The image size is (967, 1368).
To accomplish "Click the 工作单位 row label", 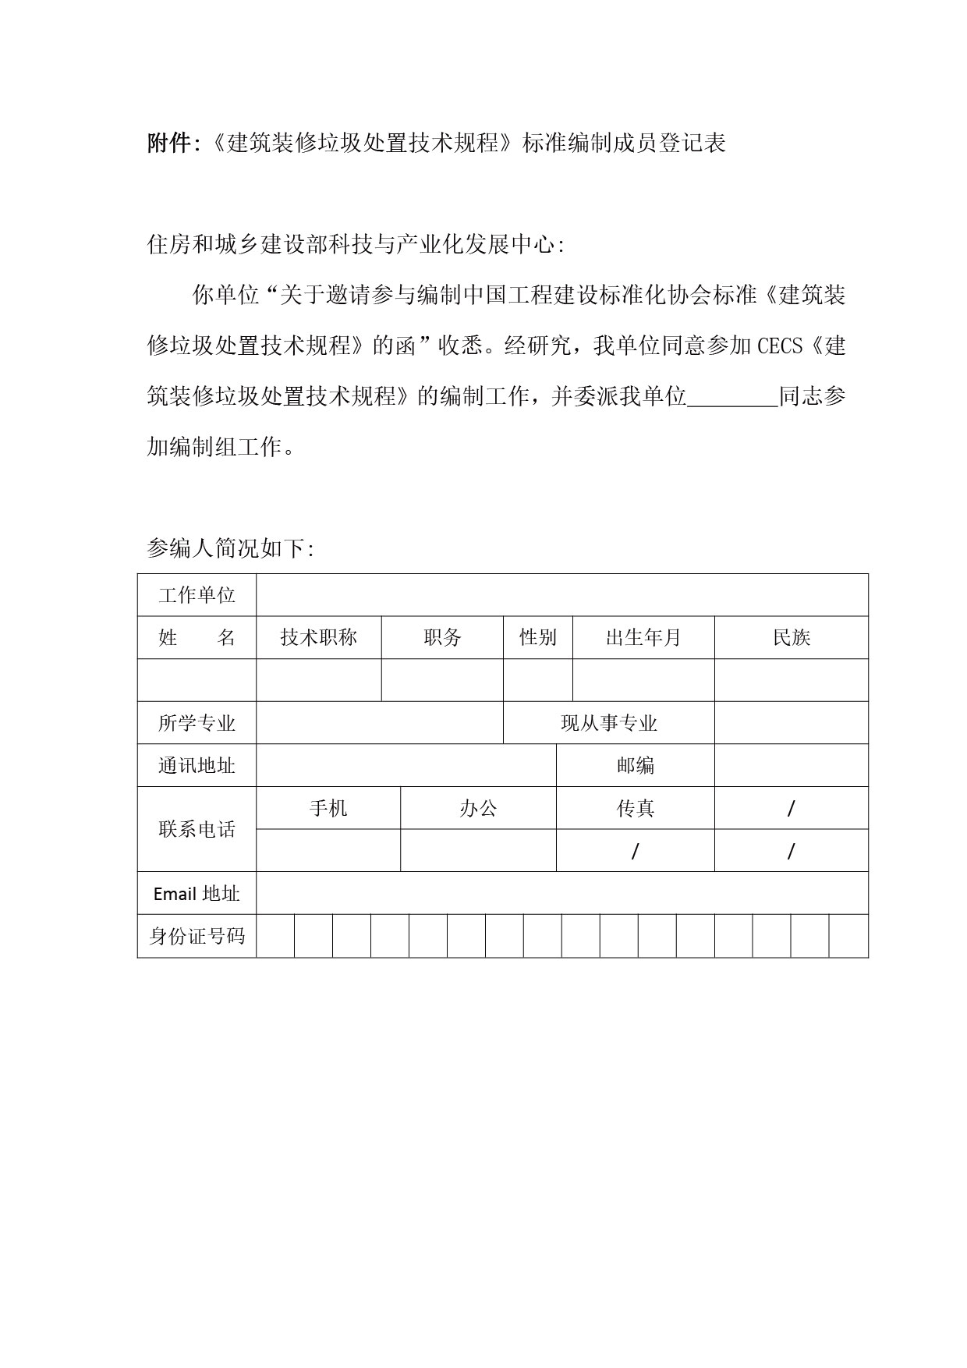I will coord(197,595).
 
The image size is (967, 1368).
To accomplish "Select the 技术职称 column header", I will coord(318,638).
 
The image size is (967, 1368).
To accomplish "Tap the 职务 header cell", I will coord(442,638).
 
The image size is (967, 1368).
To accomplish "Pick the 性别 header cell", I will coord(538,638).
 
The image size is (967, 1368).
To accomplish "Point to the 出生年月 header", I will coord(643,638).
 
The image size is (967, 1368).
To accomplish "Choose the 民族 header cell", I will coord(792,638).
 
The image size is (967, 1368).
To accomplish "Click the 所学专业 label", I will coord(197,723).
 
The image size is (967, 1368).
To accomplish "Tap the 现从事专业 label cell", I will coord(609,723).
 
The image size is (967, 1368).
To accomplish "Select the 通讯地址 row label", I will coord(197,765).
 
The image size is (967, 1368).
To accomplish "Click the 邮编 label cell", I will coord(636,765).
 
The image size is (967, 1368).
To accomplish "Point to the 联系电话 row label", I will coord(197,829).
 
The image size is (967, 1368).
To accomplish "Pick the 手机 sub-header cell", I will coord(328,808).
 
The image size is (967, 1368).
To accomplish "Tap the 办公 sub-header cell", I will coord(478,808).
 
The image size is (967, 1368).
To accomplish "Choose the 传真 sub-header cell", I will coord(636,808).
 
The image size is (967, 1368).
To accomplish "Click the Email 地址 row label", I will coord(197,894).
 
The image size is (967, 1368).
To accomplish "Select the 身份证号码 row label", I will coord(197,936).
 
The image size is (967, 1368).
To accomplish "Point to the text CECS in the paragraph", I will coord(780,346).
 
